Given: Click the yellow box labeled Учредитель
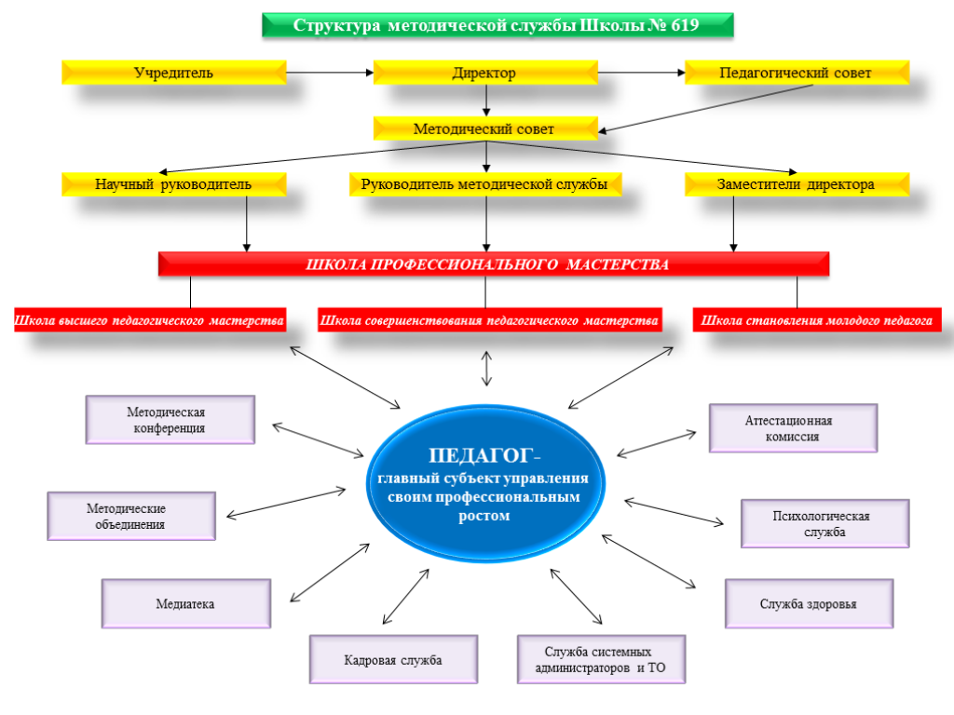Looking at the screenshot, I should click(173, 73).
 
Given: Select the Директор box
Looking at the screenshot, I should click(484, 73).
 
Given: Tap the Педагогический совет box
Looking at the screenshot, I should click(796, 73).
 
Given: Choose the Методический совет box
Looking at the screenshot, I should click(484, 128).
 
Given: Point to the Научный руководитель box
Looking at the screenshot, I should click(173, 184).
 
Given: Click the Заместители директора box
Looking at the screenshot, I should click(796, 184).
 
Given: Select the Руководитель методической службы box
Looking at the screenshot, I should click(484, 184).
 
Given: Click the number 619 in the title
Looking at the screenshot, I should click(683, 25).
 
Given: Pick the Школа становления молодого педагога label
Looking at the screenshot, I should click(817, 321).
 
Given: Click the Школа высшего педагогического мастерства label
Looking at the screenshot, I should click(150, 321).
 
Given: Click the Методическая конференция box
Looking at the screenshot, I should click(170, 420).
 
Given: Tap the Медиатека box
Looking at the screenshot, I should click(185, 603).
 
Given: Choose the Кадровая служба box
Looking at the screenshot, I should click(392, 660).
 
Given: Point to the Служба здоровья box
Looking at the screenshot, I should click(809, 603).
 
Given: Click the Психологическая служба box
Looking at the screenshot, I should click(825, 523).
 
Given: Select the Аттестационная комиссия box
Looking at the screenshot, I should click(793, 428).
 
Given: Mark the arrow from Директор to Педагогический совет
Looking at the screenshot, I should click(640, 73).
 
